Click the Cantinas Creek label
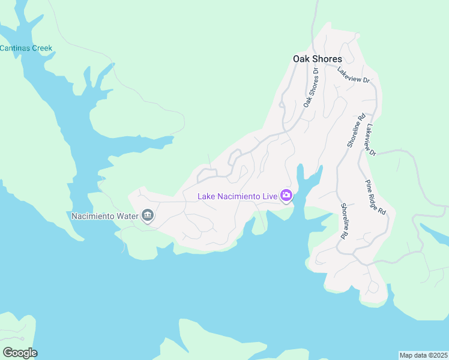pos(26,48)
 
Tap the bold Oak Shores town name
pos(317,59)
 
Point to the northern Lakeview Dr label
pos(353,74)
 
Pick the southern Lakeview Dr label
pos(370,140)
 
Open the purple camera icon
pos(286,196)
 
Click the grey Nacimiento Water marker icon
pos(148,215)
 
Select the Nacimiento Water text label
pos(104,215)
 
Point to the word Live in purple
pos(268,196)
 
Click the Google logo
pos(20,353)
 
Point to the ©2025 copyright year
pos(436,355)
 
